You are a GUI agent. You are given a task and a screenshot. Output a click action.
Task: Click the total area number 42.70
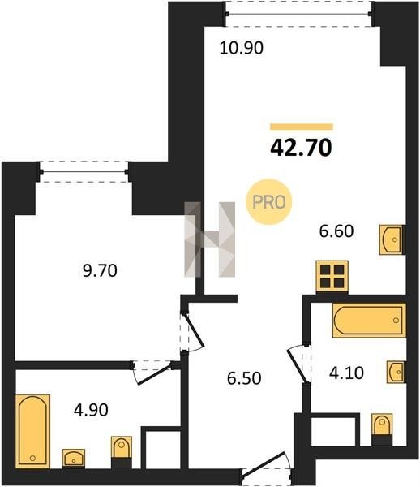pos(301,148)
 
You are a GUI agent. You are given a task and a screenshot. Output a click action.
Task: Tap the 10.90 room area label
pos(242,48)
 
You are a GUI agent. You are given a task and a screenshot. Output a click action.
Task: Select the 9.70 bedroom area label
pos(100,270)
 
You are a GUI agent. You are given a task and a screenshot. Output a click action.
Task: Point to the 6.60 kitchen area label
pos(336,231)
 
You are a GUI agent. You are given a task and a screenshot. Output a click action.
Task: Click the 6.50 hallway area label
pos(244,378)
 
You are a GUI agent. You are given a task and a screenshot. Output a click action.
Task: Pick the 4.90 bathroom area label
pos(91,410)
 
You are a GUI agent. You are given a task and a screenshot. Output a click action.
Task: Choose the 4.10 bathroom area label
pos(346,373)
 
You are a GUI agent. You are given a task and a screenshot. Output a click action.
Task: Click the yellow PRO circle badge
pos(269,202)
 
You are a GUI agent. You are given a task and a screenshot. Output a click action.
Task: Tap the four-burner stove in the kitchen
pos(332,277)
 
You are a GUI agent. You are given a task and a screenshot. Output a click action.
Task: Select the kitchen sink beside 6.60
pos(392,239)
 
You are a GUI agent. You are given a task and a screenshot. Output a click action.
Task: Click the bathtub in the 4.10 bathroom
pos(369,321)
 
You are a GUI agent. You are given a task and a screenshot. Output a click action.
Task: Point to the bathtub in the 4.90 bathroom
pos(32,431)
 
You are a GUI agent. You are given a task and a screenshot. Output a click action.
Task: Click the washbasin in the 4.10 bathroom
pos(396,372)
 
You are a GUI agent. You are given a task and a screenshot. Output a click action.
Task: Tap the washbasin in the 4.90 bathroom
pos(74,458)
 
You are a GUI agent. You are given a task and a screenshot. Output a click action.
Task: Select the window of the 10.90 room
pos(298,14)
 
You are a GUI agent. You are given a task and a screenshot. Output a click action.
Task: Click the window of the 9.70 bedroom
pos(84,171)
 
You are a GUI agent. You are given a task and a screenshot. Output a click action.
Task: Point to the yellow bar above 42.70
pos(302,127)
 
